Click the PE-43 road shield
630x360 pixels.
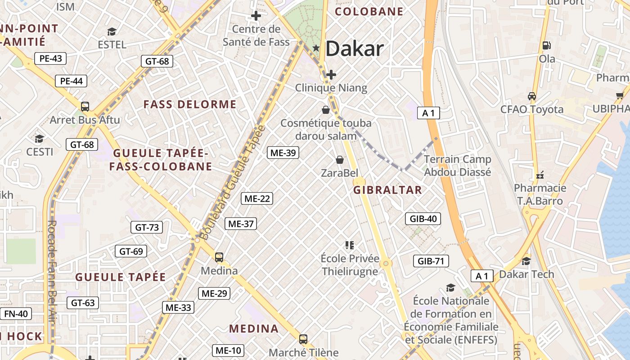tap(50, 58)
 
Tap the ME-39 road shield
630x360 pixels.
tap(283, 153)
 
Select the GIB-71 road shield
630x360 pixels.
tap(431, 261)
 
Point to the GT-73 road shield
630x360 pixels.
tap(147, 227)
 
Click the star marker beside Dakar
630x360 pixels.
tap(316, 48)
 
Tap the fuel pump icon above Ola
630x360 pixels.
tap(547, 45)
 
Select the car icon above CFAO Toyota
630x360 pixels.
tap(532, 96)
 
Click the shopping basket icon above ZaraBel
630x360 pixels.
tap(340, 160)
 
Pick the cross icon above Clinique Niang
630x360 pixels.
tap(331, 74)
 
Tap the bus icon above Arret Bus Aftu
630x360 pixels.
tap(85, 107)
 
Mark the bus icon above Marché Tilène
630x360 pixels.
tap(303, 339)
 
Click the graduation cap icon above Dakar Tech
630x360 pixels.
tap(526, 261)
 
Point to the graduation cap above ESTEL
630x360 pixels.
tap(112, 31)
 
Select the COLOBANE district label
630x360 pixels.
tap(369, 12)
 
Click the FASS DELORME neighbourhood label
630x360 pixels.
tap(189, 104)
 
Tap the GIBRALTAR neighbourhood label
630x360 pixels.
tap(387, 190)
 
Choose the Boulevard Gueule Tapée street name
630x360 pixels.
tap(232, 182)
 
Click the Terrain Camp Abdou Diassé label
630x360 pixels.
tap(458, 165)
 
